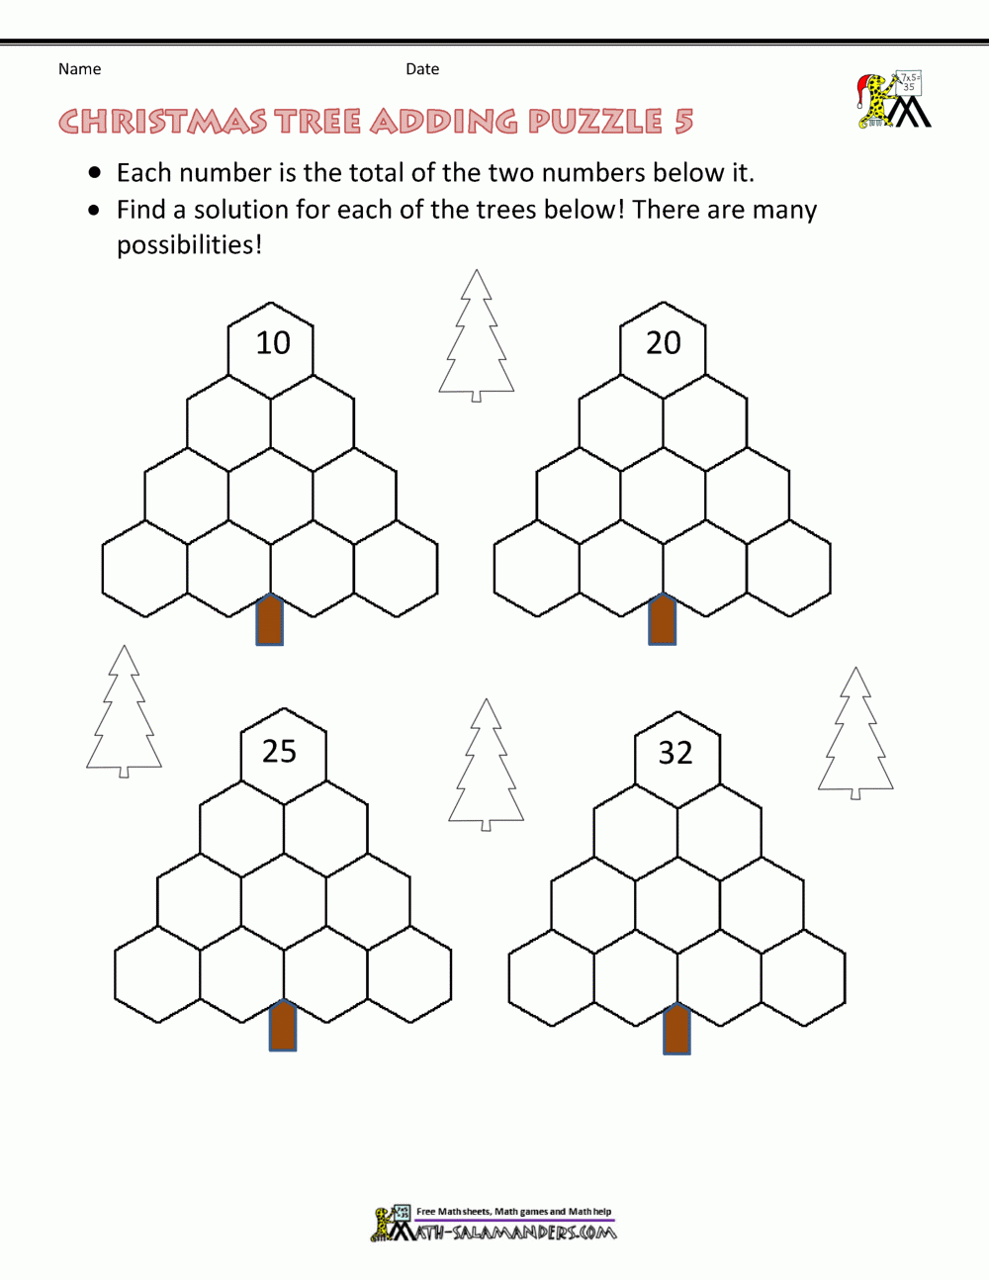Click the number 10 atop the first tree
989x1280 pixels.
[x=273, y=343]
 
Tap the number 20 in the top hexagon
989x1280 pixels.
[x=664, y=343]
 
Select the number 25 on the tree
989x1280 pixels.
[x=279, y=752]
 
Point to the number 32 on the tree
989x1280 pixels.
[x=675, y=753]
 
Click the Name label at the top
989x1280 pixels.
[x=79, y=69]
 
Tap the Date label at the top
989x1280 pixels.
[x=422, y=69]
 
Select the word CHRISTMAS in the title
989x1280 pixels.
[x=162, y=122]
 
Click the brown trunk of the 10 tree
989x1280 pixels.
[x=270, y=620]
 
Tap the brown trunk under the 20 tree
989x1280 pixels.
[x=663, y=620]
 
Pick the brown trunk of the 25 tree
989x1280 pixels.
[x=283, y=1026]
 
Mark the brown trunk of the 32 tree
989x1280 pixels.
[x=676, y=1029]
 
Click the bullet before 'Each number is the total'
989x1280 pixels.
[x=95, y=173]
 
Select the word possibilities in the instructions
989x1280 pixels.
[x=188, y=245]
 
